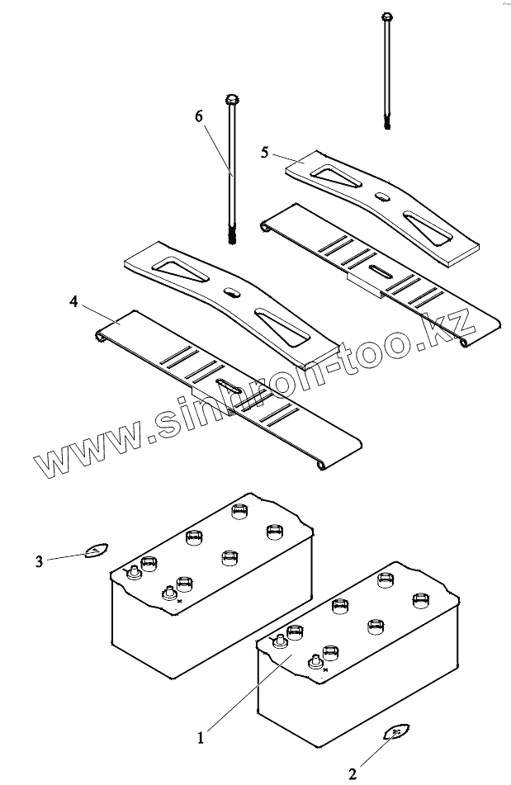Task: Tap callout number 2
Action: tap(353, 773)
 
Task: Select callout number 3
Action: tap(40, 561)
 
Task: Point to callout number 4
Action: tap(74, 303)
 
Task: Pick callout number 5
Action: tap(265, 152)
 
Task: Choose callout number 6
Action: tap(199, 116)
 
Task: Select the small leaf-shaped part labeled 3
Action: tap(95, 551)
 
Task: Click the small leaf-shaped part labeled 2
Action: tap(398, 731)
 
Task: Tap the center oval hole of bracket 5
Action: tap(383, 196)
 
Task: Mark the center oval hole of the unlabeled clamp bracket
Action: tap(230, 291)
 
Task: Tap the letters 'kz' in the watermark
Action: tap(451, 327)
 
